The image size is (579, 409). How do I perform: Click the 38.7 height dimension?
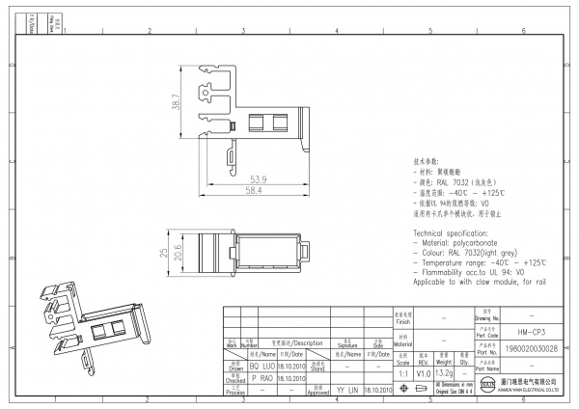coord(177,101)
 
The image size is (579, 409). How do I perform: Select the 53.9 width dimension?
coord(259,178)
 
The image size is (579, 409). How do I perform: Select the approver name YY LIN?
coord(347,391)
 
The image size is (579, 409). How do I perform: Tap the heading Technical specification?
coord(455,233)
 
